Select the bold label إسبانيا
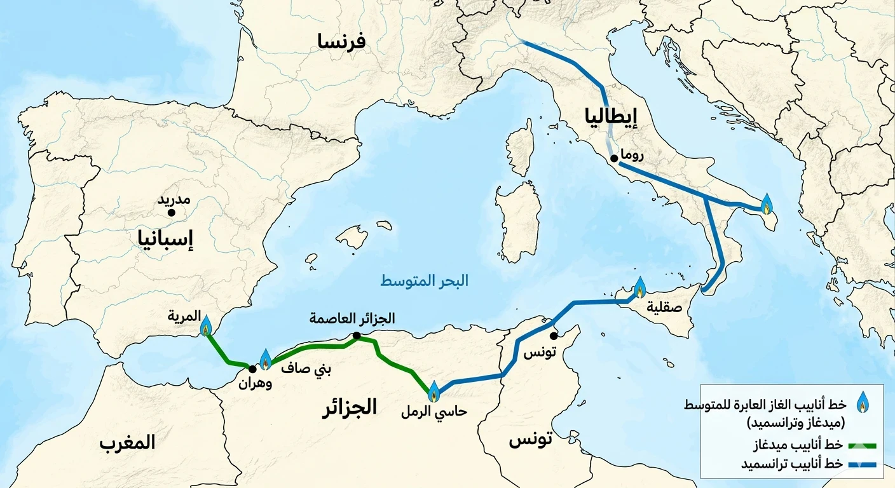click(165, 239)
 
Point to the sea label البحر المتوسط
click(424, 281)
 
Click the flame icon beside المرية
click(205, 327)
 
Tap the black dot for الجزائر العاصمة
click(357, 335)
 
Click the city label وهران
click(255, 384)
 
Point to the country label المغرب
click(127, 443)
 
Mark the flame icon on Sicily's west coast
click(639, 288)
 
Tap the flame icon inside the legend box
click(863, 402)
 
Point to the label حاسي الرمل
click(434, 412)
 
